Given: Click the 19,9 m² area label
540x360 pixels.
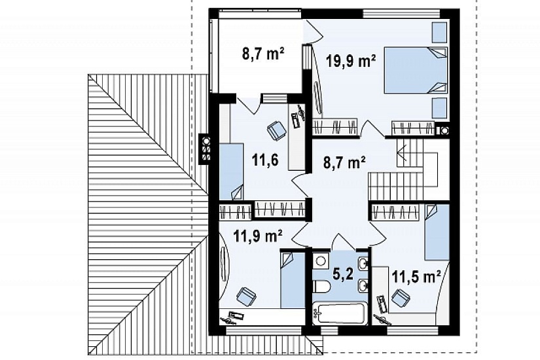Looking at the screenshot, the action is coord(351,62).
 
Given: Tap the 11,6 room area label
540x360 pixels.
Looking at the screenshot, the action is coord(265,160).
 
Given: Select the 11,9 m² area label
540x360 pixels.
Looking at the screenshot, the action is coord(258,236).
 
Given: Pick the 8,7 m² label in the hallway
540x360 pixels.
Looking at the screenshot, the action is coord(344,162).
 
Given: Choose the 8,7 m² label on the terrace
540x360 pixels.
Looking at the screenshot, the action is coord(263,54).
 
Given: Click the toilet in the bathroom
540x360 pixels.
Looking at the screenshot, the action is coord(322,286).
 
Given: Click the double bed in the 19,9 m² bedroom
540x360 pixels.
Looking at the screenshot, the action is coord(416,70).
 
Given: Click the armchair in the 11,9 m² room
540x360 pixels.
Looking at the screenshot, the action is coord(246,297).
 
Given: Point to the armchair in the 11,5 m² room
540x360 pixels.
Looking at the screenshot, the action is coord(401,298).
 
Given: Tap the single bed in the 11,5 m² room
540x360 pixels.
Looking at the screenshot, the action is coord(437,232).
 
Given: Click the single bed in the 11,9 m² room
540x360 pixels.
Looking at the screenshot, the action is coord(293,279).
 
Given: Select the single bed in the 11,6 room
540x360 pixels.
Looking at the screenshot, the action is coord(232,171).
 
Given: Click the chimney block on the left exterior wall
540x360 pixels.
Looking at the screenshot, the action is coord(206,149).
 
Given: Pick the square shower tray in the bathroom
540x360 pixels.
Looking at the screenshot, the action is coord(321,261).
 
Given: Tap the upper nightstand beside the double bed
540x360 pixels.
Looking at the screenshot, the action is coord(439,32).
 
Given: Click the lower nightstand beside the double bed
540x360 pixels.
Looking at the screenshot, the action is coord(439,109).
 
